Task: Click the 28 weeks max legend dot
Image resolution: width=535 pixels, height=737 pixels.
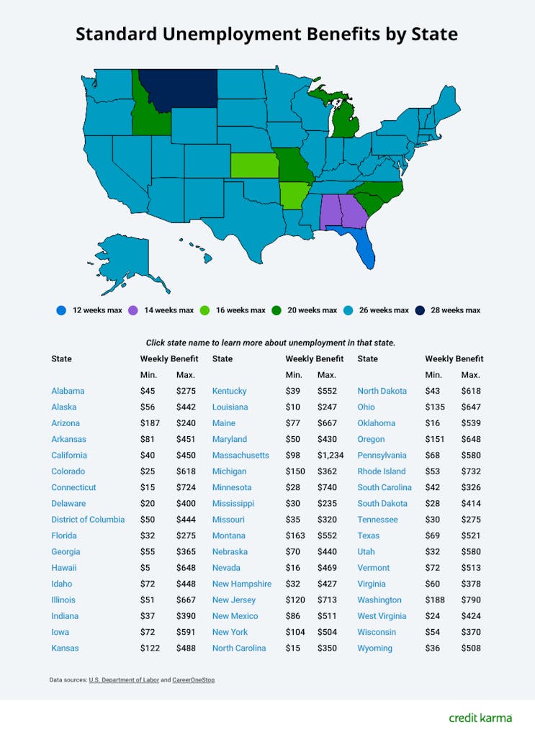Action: point(420,310)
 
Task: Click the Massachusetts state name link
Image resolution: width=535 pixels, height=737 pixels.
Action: point(240,456)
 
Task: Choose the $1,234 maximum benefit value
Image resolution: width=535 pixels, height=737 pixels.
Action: point(331,456)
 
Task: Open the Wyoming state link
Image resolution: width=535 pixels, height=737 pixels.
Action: point(375,648)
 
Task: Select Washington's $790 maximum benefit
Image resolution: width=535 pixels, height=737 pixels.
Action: point(470,600)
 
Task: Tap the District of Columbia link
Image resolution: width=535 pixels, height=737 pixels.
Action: point(88,520)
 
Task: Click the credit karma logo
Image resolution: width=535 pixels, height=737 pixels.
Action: point(480,718)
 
